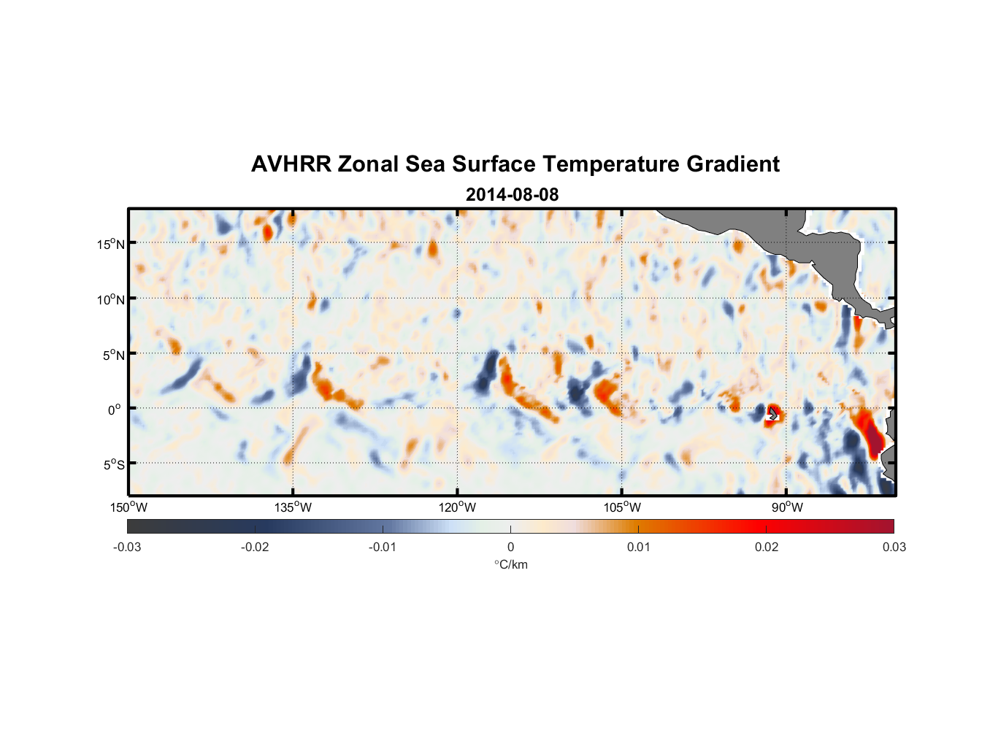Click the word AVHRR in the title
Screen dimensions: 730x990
pyautogui.click(x=291, y=164)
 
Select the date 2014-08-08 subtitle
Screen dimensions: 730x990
pyautogui.click(x=512, y=195)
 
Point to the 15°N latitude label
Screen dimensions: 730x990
pyautogui.click(x=110, y=244)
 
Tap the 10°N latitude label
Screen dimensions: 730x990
pyautogui.click(x=110, y=299)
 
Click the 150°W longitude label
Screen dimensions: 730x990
pyautogui.click(x=129, y=507)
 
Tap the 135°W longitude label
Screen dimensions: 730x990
pyautogui.click(x=293, y=507)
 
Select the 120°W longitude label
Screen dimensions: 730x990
pyautogui.click(x=458, y=507)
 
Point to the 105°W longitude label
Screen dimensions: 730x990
pyautogui.click(x=622, y=507)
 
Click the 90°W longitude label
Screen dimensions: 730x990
pyautogui.click(x=787, y=507)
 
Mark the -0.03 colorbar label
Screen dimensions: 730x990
pyautogui.click(x=127, y=547)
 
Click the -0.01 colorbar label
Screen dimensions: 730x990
pyautogui.click(x=383, y=547)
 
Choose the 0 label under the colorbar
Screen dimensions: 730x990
pyautogui.click(x=510, y=547)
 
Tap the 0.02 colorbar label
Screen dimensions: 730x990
pyautogui.click(x=767, y=547)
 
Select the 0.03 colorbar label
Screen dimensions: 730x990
pyautogui.click(x=894, y=547)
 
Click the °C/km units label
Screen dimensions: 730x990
pyautogui.click(x=510, y=564)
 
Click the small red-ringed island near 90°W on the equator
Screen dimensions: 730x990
pyautogui.click(x=773, y=414)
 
